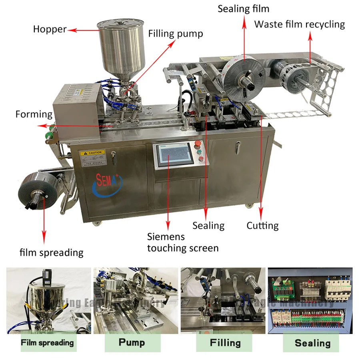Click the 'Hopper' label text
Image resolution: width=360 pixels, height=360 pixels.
(50, 29)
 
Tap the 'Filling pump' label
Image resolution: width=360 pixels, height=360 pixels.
(176, 34)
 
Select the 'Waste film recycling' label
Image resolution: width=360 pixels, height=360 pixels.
(300, 24)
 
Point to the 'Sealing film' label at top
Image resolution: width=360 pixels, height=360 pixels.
(243, 8)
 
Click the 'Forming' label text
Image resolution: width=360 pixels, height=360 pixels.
(34, 114)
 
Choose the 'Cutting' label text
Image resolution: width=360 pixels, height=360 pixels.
(262, 226)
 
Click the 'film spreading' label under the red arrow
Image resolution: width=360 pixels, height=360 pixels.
(52, 252)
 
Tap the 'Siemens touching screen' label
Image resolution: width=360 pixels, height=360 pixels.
(183, 242)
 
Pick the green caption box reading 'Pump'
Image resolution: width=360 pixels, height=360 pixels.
(132, 342)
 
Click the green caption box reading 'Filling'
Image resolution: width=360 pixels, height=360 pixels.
(225, 343)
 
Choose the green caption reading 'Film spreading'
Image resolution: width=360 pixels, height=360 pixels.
(48, 342)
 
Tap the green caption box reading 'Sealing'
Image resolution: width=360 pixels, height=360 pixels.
(312, 343)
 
